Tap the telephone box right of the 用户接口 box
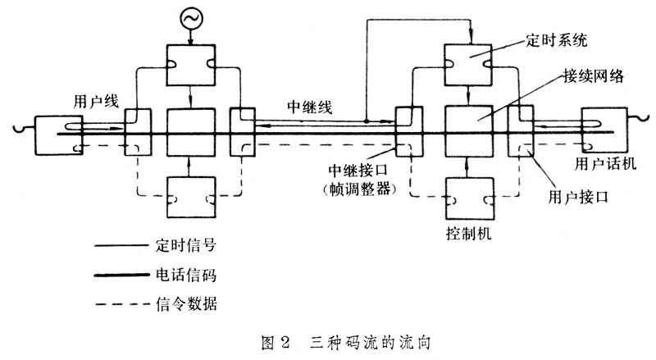coord(603,129)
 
